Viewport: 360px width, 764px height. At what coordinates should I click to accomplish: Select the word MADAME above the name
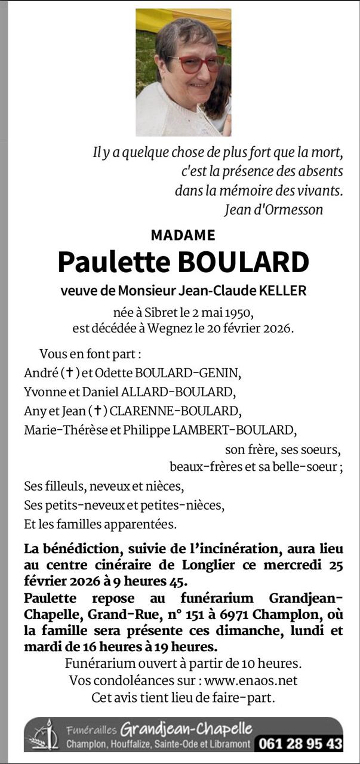coord(183,235)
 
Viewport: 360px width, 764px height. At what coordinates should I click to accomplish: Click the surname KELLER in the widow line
coord(282,291)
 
